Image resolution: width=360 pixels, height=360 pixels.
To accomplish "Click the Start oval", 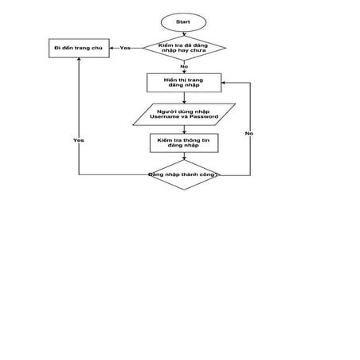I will [183, 21].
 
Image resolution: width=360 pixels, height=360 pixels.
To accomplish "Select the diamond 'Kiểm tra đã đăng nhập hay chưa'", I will [184, 48].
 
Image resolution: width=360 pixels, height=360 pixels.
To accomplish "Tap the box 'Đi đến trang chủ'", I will [79, 48].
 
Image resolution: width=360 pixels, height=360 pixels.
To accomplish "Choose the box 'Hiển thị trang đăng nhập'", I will [184, 82].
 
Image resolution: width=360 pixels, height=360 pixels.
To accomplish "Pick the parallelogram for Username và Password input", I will [184, 114].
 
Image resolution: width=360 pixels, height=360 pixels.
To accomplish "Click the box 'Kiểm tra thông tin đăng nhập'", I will [184, 143].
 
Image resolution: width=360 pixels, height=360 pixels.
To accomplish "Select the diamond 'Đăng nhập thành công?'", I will [184, 174].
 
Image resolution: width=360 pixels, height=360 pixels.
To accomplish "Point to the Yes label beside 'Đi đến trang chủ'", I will [125, 48].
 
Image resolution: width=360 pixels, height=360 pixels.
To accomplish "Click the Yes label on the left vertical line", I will [79, 139].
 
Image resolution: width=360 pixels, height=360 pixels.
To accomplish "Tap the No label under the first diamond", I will [184, 66].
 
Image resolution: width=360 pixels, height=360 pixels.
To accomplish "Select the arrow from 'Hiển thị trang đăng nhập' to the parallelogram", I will [184, 97].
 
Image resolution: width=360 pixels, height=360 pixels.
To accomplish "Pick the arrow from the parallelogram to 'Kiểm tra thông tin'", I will [184, 129].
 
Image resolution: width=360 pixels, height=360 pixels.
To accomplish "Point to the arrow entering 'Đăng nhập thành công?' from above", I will [184, 156].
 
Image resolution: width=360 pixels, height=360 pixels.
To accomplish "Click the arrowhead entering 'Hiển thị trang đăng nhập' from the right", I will [225, 82].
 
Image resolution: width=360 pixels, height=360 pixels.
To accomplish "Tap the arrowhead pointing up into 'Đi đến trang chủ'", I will [79, 61].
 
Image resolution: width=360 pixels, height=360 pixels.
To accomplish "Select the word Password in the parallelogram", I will [204, 117].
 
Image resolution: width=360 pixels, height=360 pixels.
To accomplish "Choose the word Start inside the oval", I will [183, 21].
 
